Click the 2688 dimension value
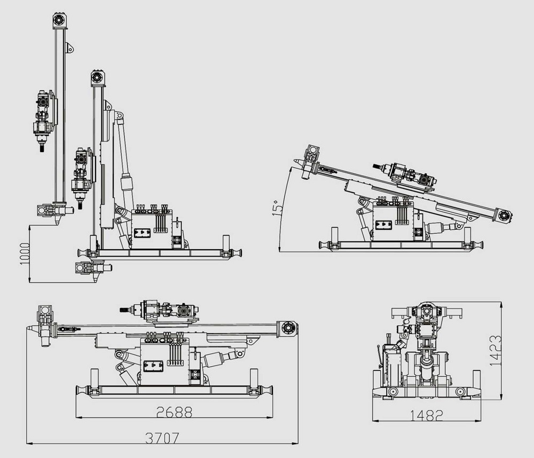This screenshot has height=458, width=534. pyautogui.click(x=174, y=412)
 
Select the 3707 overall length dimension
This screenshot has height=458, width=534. pyautogui.click(x=162, y=438)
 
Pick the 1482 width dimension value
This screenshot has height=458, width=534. pyautogui.click(x=427, y=415)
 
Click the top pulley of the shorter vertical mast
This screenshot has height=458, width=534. pyautogui.click(x=97, y=77)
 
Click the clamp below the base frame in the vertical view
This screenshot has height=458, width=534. pyautogui.click(x=88, y=267)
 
